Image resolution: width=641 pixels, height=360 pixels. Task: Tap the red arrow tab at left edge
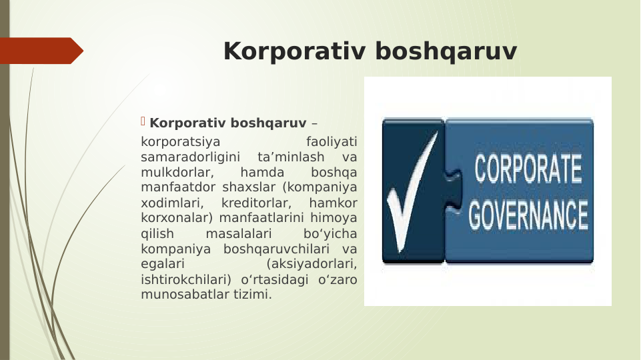tap(40, 51)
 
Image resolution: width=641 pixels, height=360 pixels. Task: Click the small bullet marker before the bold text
tap(143, 121)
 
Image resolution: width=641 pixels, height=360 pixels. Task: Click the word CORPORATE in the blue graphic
tap(528, 171)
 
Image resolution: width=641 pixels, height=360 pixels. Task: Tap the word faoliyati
tap(331, 142)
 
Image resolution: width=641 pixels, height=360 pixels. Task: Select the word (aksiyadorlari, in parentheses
tap(310, 265)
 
